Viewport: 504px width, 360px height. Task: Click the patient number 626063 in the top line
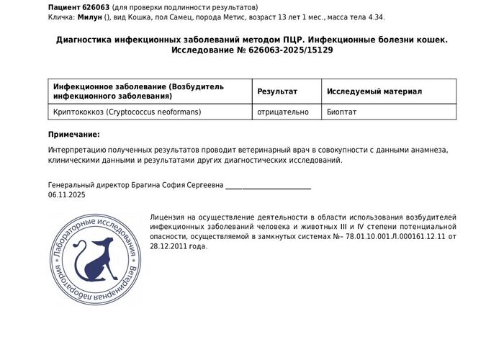(x=96, y=7)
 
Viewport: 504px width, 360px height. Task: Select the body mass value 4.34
(x=374, y=17)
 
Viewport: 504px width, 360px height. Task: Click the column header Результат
(x=277, y=91)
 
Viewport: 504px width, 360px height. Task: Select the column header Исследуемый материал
(x=374, y=91)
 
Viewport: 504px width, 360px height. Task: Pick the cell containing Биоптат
(x=341, y=112)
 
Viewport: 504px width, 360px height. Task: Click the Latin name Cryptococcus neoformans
(x=154, y=112)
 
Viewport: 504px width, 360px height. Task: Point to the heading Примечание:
(x=74, y=135)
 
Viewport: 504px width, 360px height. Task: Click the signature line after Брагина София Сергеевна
(x=268, y=187)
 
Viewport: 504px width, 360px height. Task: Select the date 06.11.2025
(x=67, y=195)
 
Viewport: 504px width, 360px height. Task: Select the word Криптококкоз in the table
(x=78, y=112)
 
